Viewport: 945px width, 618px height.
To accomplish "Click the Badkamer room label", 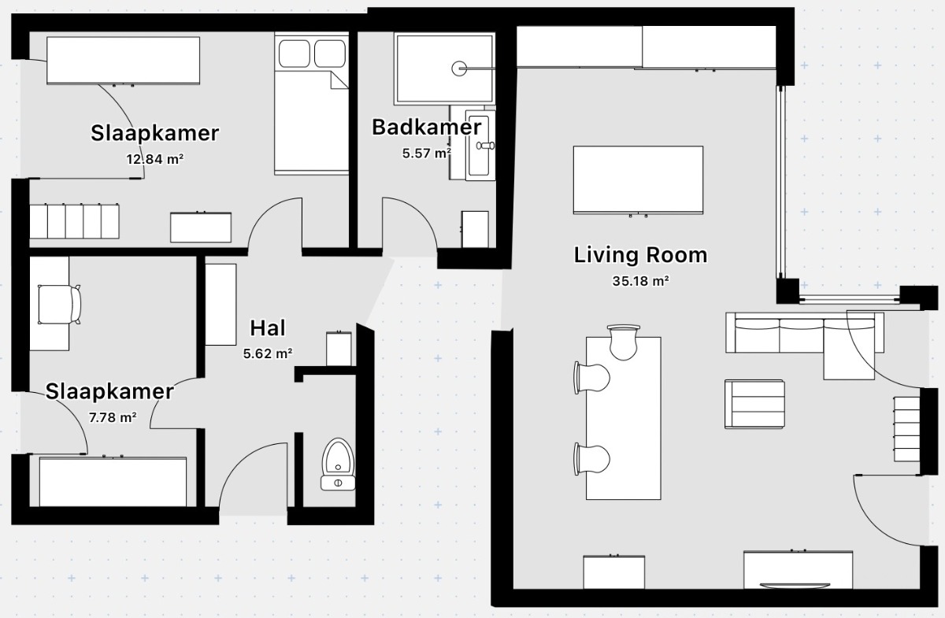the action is (x=426, y=128).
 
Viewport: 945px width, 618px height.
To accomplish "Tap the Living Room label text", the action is (x=640, y=255).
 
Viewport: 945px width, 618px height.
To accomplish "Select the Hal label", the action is (x=268, y=328).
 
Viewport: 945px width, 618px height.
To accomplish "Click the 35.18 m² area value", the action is (x=640, y=281).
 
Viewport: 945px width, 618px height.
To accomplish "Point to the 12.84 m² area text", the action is (x=155, y=160).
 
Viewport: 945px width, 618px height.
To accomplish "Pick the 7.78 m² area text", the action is (x=113, y=417).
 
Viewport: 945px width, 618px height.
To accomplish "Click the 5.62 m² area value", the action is (x=268, y=353).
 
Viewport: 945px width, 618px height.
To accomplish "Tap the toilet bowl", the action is (x=338, y=457).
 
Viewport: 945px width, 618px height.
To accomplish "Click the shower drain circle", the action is (x=459, y=68).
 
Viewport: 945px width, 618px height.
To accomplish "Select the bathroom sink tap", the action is (x=486, y=146).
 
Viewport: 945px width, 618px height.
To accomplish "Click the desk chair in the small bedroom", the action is (x=59, y=305).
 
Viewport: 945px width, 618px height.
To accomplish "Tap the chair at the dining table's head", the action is (x=624, y=342).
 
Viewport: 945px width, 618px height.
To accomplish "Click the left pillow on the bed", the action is (x=295, y=54).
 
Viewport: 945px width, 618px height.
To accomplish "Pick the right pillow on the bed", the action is (x=330, y=54).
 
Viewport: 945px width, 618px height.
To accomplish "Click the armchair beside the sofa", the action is (x=754, y=404).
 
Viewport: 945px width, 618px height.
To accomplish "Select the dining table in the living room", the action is (x=624, y=418).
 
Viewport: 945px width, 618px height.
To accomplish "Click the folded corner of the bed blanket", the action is (x=339, y=81).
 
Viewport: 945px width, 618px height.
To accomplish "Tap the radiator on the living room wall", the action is (x=906, y=429).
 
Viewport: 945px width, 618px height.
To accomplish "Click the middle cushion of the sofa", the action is (x=801, y=335).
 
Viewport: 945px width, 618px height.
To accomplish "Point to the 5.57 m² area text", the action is (x=427, y=154).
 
